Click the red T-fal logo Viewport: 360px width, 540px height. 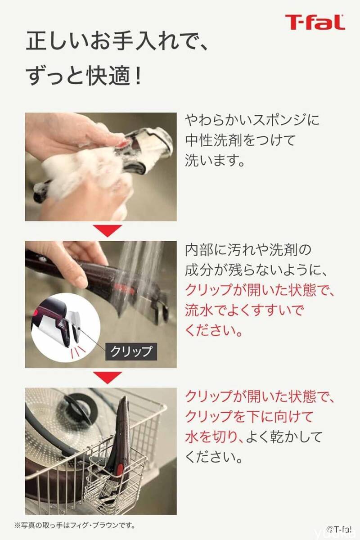point(315,22)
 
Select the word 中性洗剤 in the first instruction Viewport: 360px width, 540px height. point(213,140)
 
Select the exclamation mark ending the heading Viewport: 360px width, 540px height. point(138,76)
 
